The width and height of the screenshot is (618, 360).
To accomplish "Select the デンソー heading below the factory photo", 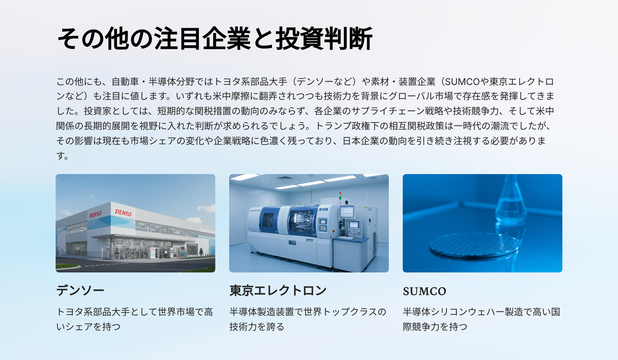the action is [80, 290].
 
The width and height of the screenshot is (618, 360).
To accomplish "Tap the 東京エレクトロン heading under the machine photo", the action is [278, 290].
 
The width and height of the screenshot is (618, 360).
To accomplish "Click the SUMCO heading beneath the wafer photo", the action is [424, 292].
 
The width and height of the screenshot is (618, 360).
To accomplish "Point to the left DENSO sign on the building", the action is [95, 214].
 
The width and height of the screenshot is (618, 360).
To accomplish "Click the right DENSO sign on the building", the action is [123, 212].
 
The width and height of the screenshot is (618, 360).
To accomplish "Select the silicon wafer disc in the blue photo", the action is [474, 245].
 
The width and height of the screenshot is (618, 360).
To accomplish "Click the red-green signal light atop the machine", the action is [340, 196].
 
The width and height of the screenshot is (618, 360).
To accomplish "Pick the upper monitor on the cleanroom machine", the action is [347, 211].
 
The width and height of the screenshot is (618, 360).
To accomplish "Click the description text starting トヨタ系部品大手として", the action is [134, 319].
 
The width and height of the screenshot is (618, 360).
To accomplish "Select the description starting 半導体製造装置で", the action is [308, 319].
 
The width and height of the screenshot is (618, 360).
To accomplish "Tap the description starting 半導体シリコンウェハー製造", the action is [482, 319].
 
